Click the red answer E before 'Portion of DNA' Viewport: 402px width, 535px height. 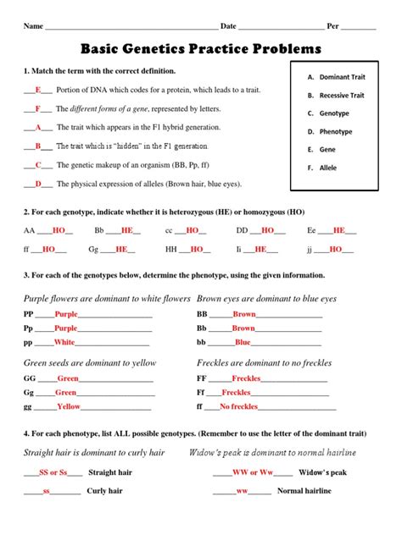(x=38, y=90)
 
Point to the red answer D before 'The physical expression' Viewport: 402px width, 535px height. (x=38, y=184)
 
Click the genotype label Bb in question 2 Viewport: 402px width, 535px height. (x=98, y=230)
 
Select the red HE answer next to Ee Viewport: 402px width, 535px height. (x=339, y=230)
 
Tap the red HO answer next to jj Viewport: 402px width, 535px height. (x=335, y=250)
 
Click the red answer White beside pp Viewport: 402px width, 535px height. (x=64, y=343)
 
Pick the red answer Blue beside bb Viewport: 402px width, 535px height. (x=243, y=343)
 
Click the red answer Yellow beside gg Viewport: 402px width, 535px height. (x=69, y=407)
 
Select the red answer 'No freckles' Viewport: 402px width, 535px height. (x=238, y=407)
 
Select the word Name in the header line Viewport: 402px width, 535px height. (x=33, y=27)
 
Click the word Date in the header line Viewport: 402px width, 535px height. (x=228, y=27)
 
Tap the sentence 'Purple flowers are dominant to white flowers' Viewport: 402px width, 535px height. (x=107, y=299)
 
